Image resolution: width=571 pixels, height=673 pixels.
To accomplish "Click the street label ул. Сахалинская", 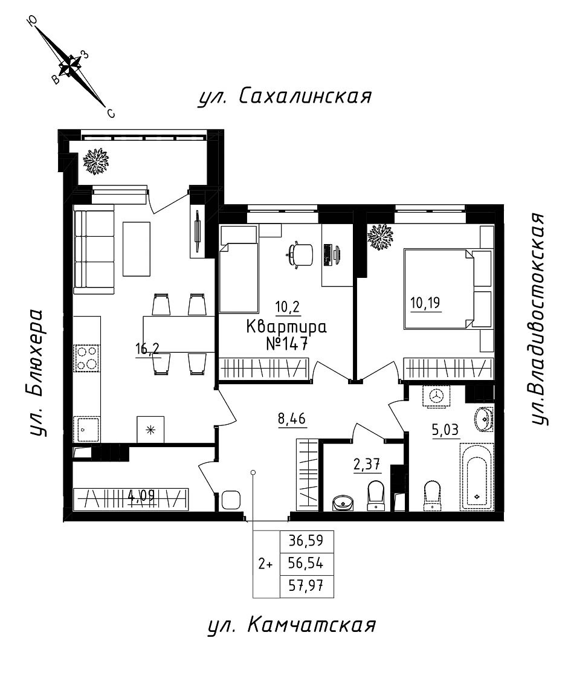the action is tap(284, 97).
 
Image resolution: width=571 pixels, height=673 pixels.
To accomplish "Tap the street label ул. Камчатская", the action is tap(291, 625).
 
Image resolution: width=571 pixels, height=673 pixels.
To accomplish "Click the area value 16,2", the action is tap(147, 349).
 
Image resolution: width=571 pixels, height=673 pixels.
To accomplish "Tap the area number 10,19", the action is tap(425, 303).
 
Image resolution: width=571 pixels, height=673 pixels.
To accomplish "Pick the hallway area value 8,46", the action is tap(292, 418).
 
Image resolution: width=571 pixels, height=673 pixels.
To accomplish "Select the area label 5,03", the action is tap(445, 429).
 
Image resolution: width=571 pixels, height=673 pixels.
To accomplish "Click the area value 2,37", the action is tap(367, 464).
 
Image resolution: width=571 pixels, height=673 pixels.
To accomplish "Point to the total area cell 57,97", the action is tap(306, 585).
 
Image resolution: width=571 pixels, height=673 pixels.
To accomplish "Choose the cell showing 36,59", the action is tap(306, 540).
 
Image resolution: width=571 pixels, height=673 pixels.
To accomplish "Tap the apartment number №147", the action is tap(287, 344).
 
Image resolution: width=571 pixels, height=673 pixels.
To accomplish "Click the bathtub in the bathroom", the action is tap(477, 477).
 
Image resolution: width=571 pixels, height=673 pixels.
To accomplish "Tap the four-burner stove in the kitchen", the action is tap(87, 358).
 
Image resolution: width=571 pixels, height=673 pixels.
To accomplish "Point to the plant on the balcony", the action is tap(95, 161).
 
